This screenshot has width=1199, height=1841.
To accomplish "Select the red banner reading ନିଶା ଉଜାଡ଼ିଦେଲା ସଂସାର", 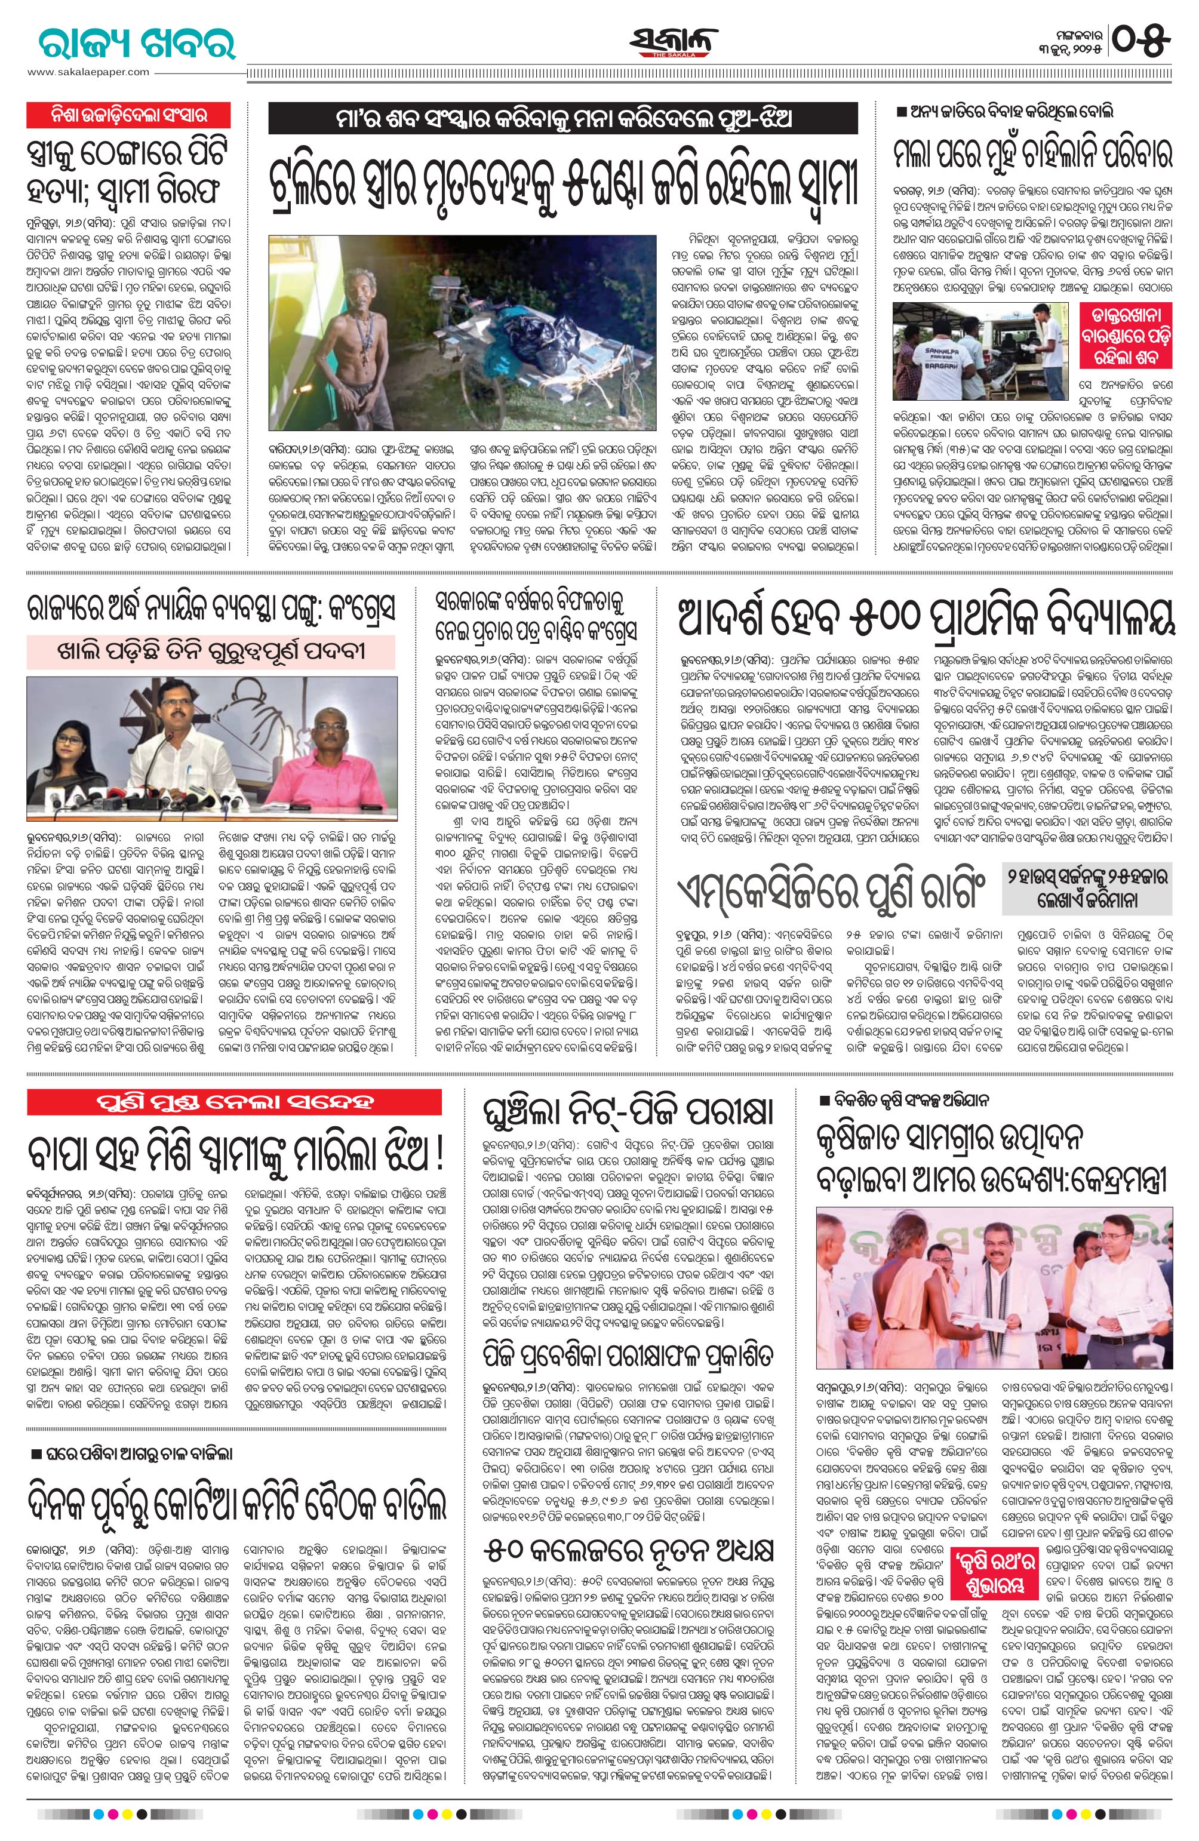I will point(129,115).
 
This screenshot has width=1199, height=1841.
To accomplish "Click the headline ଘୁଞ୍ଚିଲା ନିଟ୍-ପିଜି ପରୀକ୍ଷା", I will point(626,1111).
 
